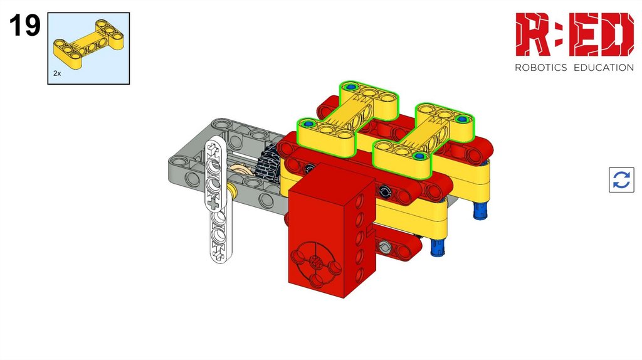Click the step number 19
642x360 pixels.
pyautogui.click(x=24, y=25)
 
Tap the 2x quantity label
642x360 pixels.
pyautogui.click(x=57, y=73)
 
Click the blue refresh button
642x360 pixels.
pyautogui.click(x=621, y=180)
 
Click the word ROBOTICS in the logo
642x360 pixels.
pyautogui.click(x=540, y=68)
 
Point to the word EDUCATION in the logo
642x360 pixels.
pyautogui.click(x=604, y=68)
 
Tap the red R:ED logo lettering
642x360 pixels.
pyautogui.click(x=574, y=34)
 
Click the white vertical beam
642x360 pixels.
pyautogui.click(x=218, y=201)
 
